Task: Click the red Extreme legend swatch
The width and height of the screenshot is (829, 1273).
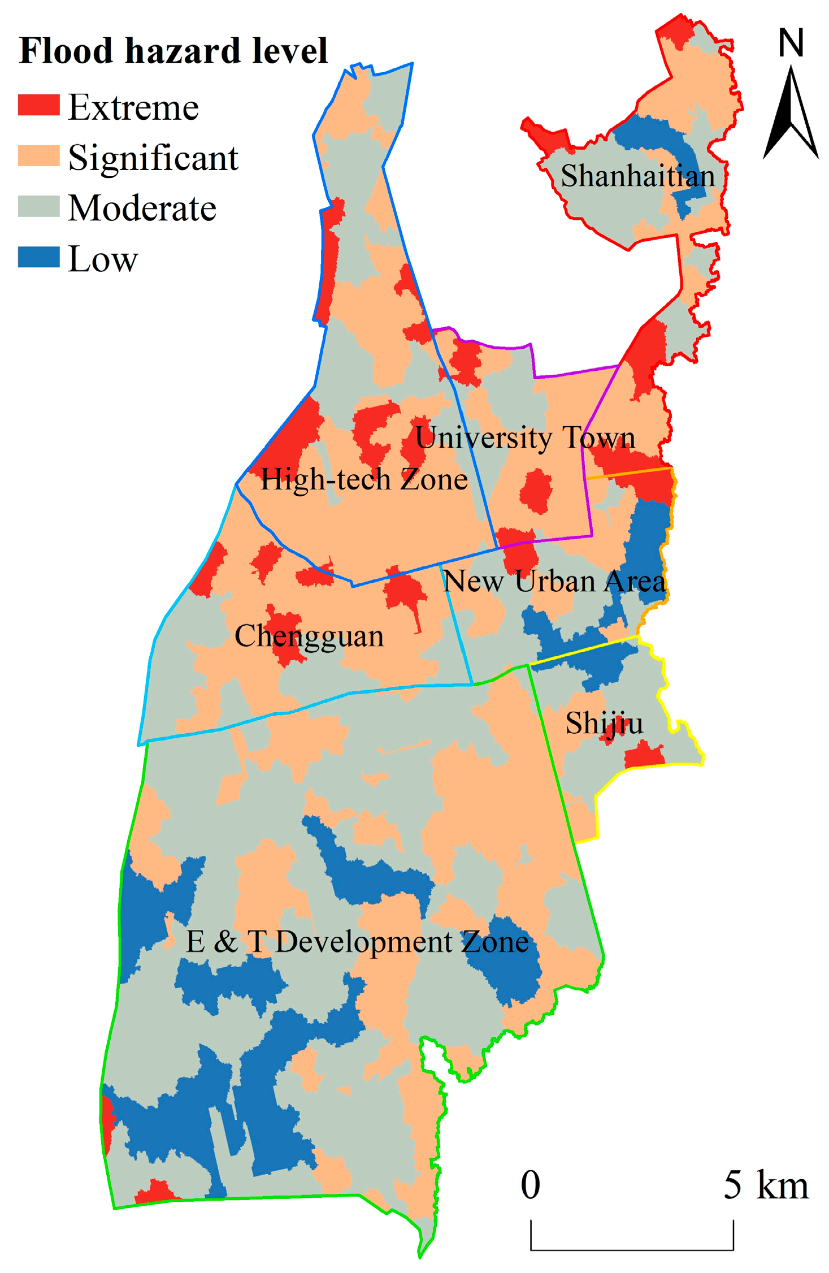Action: click(38, 105)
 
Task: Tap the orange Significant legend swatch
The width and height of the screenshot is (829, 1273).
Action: click(38, 155)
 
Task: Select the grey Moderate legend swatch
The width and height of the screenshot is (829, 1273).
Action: click(38, 206)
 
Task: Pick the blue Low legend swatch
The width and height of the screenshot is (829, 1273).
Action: click(38, 257)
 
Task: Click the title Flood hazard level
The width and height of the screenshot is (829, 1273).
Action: click(173, 51)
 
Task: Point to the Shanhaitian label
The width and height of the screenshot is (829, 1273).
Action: click(637, 176)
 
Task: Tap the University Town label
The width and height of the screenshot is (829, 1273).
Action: click(525, 438)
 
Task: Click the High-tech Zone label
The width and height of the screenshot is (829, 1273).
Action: click(364, 479)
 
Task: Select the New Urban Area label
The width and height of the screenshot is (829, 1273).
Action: click(554, 581)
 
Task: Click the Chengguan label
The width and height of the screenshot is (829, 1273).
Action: click(309, 636)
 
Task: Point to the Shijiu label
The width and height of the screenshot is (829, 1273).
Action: click(604, 723)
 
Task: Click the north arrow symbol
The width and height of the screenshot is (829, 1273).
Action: click(791, 113)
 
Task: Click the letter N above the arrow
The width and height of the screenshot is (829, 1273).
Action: click(791, 42)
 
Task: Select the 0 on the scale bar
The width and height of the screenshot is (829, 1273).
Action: click(530, 1184)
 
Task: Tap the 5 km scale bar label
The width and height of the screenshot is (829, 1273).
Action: click(766, 1184)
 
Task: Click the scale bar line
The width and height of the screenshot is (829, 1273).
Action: click(632, 1249)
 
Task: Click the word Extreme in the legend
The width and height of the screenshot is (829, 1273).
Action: click(133, 107)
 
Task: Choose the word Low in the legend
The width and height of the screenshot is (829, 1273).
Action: click(103, 259)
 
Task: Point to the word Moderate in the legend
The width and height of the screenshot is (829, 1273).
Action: click(142, 208)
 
